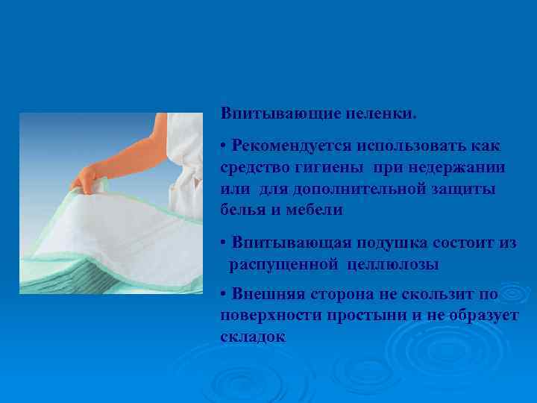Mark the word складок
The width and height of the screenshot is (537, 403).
(x=253, y=337)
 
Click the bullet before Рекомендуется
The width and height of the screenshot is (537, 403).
(x=224, y=143)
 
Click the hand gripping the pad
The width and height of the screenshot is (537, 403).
(x=84, y=179)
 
